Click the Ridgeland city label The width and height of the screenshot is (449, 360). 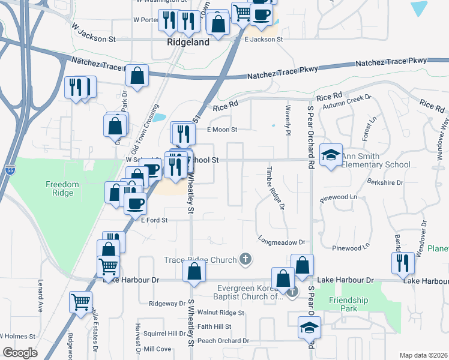(188, 43)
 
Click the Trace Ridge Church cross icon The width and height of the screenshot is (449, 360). (244, 259)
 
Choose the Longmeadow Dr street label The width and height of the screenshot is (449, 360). (282, 242)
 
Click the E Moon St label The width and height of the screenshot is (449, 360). (222, 130)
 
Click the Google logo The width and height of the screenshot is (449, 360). (20, 352)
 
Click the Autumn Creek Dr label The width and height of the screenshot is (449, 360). (348, 101)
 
